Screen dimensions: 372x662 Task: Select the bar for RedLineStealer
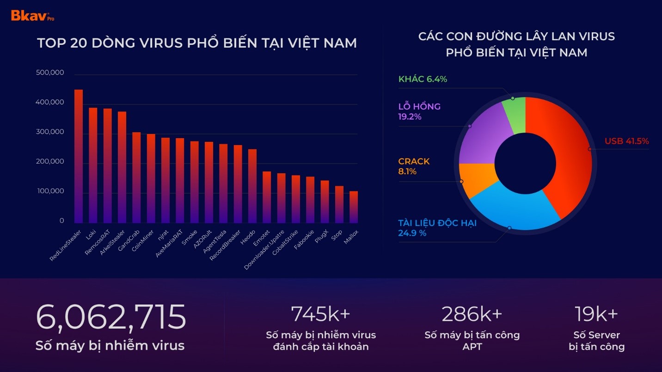pyautogui.click(x=79, y=157)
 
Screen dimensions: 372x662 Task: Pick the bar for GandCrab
pyautogui.click(x=136, y=178)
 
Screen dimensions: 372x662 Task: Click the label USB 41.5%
pyautogui.click(x=626, y=141)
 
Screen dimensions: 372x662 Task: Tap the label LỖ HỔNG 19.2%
pyautogui.click(x=419, y=111)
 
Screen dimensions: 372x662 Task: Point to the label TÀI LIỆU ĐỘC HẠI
pyautogui.click(x=437, y=223)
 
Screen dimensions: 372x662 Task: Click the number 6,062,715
pyautogui.click(x=111, y=317)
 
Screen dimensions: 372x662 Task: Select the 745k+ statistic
pyautogui.click(x=320, y=314)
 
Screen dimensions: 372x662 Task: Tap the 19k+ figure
pyautogui.click(x=596, y=314)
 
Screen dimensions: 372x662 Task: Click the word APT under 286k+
pyautogui.click(x=472, y=347)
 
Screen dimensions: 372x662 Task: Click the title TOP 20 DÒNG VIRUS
pyautogui.click(x=196, y=43)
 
